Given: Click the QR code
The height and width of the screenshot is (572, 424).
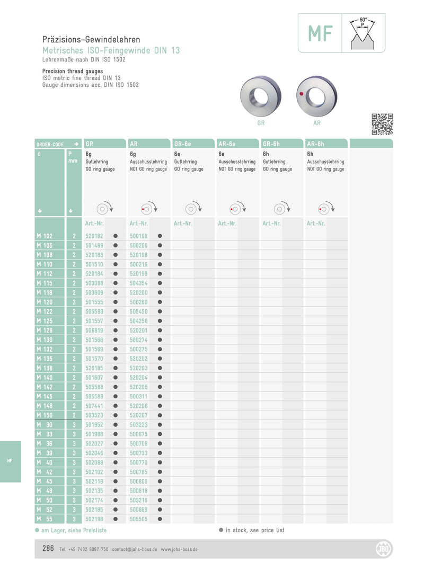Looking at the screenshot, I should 382,124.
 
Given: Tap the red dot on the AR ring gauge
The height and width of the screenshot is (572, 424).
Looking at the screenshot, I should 302,94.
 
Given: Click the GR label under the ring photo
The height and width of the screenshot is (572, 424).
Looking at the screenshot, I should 261,123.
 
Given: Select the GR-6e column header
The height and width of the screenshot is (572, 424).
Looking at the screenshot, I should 183,144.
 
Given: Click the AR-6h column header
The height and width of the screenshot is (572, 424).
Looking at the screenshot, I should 316,144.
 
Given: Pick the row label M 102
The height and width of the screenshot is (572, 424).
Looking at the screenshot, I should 45,236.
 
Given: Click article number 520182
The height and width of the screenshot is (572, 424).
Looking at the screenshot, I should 94,236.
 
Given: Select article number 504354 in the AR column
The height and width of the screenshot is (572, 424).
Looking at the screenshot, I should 139,283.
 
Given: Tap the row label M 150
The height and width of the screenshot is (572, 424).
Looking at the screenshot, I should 45,415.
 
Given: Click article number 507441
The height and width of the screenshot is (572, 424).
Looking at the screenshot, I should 94,406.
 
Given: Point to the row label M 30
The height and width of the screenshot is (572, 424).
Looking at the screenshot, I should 45,425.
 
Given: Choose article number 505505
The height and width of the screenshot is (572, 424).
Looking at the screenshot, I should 139,519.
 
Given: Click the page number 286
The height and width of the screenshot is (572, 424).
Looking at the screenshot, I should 48,549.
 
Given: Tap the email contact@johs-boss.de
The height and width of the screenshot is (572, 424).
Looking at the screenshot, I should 134,550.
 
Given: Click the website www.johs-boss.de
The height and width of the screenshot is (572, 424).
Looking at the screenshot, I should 179,550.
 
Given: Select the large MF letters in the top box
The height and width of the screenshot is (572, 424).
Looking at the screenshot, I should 320,33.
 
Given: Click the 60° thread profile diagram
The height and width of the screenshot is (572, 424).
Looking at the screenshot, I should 363,33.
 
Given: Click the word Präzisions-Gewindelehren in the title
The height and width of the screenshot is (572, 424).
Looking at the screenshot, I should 91,40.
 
